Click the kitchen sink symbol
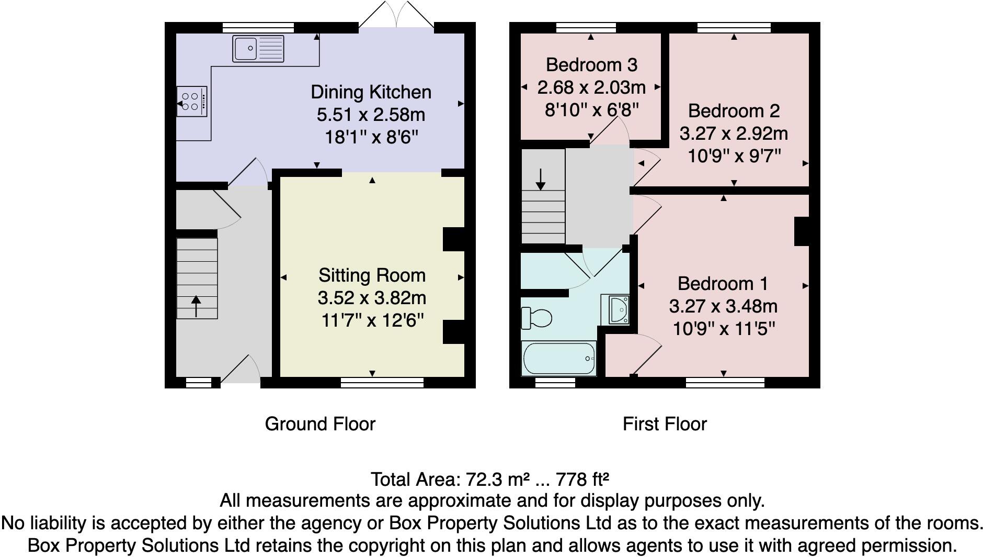coord(258,49)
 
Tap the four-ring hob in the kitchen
coord(191,102)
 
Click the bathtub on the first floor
coord(559,359)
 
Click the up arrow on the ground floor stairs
coord(196,306)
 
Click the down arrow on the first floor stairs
coord(541,179)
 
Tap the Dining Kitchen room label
coord(371,92)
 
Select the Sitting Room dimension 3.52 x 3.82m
coord(372,298)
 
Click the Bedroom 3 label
coord(591,65)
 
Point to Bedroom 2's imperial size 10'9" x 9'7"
coord(734,155)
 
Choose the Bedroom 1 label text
coord(723,284)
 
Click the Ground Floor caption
coord(320,424)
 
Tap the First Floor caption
coord(664,424)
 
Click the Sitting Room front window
coord(382,383)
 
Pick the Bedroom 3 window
coord(586,27)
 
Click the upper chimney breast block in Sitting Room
coord(453,239)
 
